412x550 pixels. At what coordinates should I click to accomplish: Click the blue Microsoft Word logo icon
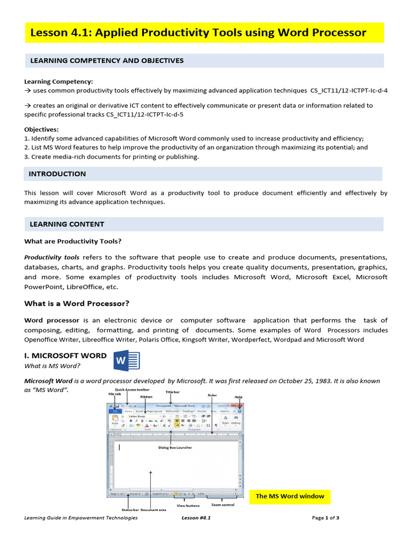pos(126,360)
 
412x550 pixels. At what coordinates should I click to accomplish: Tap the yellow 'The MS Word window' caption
pos(290,496)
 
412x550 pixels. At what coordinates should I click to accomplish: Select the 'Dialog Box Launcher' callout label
pos(174,447)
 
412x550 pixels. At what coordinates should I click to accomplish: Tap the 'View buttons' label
pos(188,505)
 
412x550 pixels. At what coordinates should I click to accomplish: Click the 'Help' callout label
pos(238,397)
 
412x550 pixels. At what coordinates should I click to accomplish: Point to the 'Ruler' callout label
pos(212,395)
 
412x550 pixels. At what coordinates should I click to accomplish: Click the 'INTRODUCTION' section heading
pos(57,174)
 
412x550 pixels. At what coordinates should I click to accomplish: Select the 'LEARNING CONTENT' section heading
pos(67,224)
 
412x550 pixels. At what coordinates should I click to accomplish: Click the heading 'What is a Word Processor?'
pos(77,303)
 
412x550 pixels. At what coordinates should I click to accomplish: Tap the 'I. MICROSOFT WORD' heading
pos(65,356)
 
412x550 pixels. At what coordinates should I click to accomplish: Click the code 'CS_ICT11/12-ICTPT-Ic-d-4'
pos(349,90)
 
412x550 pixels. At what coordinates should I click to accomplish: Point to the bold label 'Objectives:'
pos(41,129)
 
